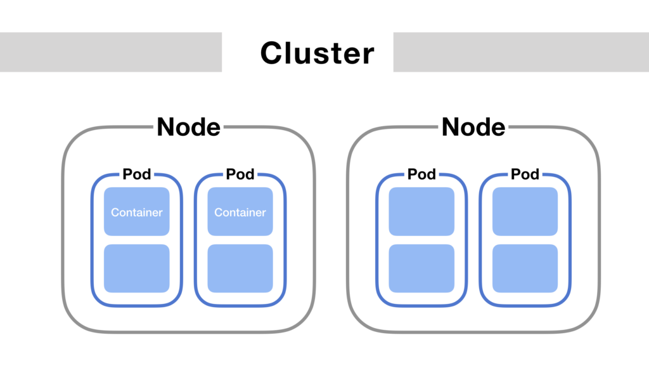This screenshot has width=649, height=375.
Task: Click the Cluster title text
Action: (317, 53)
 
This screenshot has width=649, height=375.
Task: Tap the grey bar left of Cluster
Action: (111, 52)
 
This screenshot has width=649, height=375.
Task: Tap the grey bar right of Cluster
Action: (521, 52)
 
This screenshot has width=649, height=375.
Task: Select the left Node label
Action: (188, 127)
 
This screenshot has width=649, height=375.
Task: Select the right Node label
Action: (473, 127)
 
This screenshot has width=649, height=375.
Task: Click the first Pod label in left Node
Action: (136, 174)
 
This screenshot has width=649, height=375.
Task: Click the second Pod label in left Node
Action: (240, 174)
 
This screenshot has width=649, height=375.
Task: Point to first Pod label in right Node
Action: (421, 174)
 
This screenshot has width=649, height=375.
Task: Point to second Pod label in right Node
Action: (525, 174)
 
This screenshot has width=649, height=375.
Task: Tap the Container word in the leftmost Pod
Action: (136, 213)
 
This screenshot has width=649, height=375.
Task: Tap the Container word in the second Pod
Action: (240, 213)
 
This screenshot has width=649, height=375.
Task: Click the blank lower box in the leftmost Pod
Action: (136, 268)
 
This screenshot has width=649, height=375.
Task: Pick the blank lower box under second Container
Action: (240, 268)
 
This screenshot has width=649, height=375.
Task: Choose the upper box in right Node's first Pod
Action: (421, 212)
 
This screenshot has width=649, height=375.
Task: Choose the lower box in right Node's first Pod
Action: (421, 268)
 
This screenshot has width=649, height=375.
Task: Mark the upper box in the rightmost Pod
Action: (525, 212)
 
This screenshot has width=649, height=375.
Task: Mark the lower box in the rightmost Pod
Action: (525, 268)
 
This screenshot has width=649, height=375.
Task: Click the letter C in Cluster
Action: (271, 53)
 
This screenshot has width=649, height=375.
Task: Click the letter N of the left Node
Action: (166, 127)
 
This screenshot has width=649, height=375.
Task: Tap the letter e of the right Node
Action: (498, 129)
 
